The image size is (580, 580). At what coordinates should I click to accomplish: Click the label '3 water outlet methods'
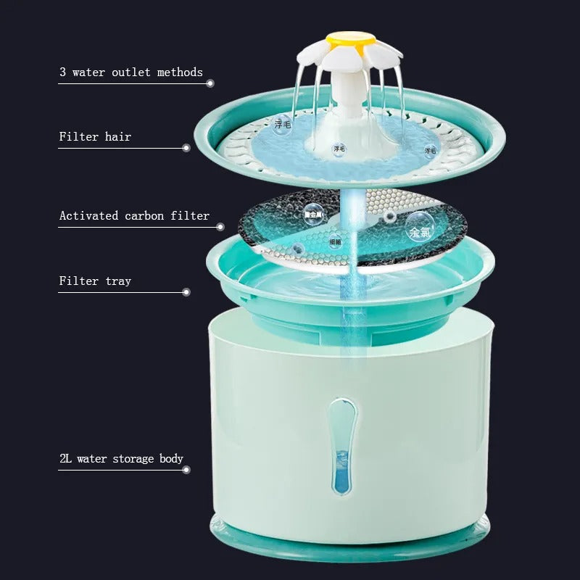pos(131,72)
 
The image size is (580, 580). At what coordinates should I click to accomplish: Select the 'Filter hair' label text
pos(95,136)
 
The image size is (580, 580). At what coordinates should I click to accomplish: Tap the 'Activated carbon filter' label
pos(134,215)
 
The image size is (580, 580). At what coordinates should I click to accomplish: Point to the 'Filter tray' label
pos(95,281)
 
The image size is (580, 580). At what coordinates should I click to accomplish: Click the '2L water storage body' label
pos(121,458)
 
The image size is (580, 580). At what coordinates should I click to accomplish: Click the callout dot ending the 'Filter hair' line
pos(186,148)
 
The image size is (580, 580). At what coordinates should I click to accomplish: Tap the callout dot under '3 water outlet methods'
pos(210,83)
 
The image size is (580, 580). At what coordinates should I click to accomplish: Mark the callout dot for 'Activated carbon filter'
pos(220,227)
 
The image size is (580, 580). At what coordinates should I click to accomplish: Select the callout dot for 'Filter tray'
pos(186,292)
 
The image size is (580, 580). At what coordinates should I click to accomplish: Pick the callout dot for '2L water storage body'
pos(186,470)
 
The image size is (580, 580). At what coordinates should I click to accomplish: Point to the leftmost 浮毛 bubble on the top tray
pos(281,125)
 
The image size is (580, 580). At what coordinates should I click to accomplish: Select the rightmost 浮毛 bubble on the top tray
pos(430,150)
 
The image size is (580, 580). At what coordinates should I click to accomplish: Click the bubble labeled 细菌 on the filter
pos(335,241)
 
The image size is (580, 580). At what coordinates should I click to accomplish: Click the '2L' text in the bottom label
pos(67,458)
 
